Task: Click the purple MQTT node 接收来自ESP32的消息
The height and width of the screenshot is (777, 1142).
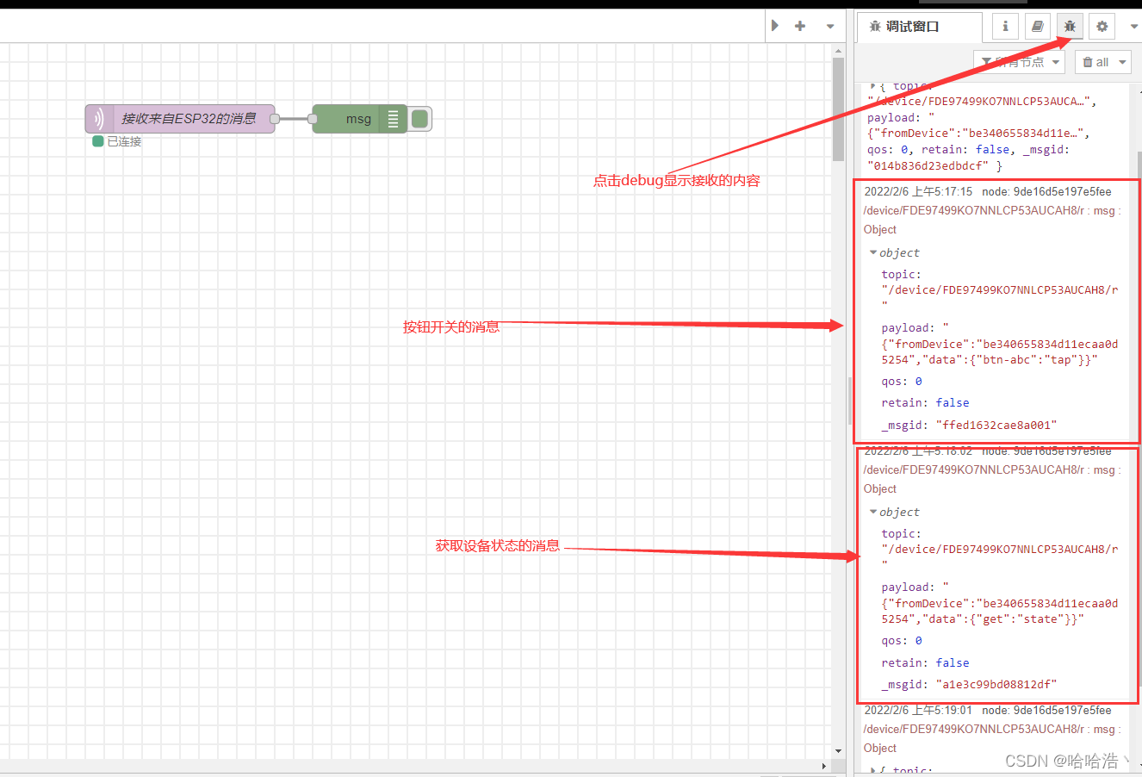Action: click(180, 119)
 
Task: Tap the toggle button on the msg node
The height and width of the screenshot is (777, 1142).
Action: click(420, 119)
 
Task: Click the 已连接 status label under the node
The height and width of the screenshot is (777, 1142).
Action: click(124, 141)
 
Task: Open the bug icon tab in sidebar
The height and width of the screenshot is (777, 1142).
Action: click(1070, 27)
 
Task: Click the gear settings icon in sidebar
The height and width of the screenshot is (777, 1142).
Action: click(1102, 27)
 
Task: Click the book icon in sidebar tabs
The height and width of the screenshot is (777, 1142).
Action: click(1038, 27)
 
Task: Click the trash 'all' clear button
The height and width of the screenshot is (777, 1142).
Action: click(1102, 62)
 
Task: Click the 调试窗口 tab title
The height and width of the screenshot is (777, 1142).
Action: click(911, 27)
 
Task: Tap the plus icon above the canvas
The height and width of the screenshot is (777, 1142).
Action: click(800, 26)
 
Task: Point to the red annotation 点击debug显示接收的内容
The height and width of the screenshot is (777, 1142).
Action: click(676, 181)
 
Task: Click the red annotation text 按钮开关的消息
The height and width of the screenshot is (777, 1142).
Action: click(451, 327)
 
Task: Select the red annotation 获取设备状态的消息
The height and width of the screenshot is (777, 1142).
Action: click(497, 545)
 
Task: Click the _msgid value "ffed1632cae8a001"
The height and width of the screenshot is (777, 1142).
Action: click(996, 425)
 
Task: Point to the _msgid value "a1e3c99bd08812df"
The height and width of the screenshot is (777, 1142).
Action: click(996, 684)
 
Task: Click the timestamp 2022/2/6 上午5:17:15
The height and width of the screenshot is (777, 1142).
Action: click(918, 191)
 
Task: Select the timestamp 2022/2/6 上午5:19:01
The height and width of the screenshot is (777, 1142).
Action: click(918, 710)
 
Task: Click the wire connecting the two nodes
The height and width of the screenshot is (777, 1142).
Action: click(294, 119)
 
